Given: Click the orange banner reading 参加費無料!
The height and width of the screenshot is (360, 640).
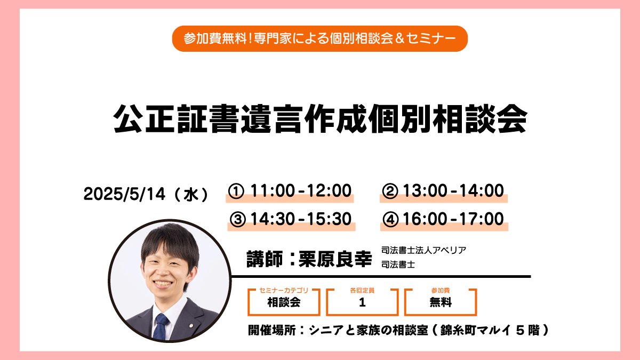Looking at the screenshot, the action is pyautogui.click(x=319, y=38).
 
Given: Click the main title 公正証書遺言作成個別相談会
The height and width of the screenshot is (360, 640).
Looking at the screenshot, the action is pyautogui.click(x=320, y=118).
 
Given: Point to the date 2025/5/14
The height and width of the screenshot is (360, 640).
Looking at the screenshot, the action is pyautogui.click(x=124, y=194).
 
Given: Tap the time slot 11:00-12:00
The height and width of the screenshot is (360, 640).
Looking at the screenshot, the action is pyautogui.click(x=301, y=190).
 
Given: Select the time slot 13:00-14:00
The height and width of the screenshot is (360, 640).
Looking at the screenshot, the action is pyautogui.click(x=453, y=190).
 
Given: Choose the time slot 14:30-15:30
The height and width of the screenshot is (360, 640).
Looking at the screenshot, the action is pyautogui.click(x=301, y=219).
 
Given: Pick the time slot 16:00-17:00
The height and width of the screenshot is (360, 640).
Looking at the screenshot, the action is pyautogui.click(x=453, y=219).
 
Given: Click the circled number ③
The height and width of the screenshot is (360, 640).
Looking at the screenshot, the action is pyautogui.click(x=238, y=219).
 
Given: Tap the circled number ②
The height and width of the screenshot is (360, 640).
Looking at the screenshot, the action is pyautogui.click(x=390, y=191).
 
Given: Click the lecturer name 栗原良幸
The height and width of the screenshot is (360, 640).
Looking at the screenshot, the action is pyautogui.click(x=335, y=259).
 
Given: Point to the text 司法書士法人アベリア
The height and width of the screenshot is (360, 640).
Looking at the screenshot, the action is pyautogui.click(x=423, y=250).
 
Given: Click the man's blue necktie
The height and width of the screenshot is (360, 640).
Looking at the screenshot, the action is pyautogui.click(x=161, y=326).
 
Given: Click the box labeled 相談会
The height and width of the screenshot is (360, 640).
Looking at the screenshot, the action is pyautogui.click(x=284, y=302).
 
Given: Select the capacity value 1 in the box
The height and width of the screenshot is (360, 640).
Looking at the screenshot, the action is pyautogui.click(x=362, y=302).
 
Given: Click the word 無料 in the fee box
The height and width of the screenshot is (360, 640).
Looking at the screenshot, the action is pyautogui.click(x=441, y=302).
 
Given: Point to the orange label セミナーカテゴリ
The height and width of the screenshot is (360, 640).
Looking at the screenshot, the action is pyautogui.click(x=284, y=290).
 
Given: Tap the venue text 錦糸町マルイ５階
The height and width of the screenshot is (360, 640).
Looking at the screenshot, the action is pyautogui.click(x=490, y=330).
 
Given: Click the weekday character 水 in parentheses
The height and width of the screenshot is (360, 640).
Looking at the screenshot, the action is pyautogui.click(x=191, y=195).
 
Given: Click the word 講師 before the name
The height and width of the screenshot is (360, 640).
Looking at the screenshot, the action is pyautogui.click(x=265, y=259).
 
